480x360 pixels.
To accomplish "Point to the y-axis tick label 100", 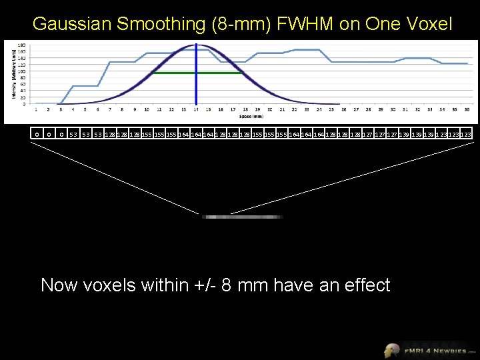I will click(22, 71).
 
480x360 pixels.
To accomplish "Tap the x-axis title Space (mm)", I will click(244, 115).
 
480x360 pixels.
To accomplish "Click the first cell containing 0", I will click(37, 134).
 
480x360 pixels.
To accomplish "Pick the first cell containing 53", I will click(73, 134).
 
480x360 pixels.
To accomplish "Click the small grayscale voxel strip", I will click(243, 217).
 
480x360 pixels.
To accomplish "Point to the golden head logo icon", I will click(392, 349).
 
